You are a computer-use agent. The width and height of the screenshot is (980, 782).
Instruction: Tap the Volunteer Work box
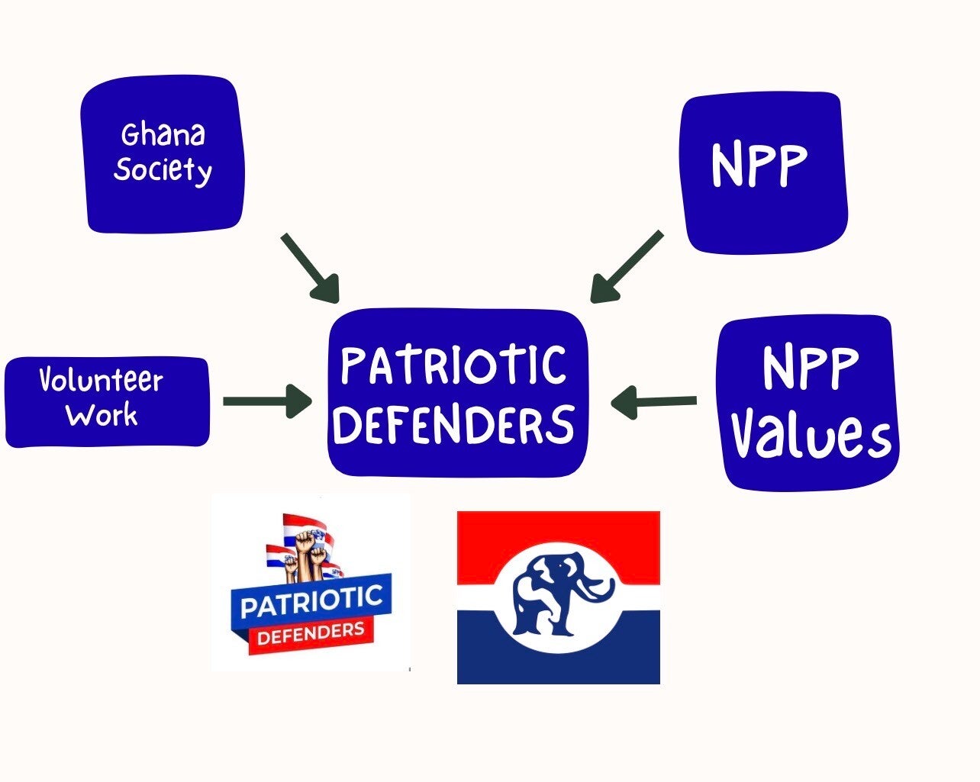[x=107, y=401]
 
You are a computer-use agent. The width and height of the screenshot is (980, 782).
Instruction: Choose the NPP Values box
[x=808, y=403]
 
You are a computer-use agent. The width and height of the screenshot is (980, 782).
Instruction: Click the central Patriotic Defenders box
[x=457, y=393]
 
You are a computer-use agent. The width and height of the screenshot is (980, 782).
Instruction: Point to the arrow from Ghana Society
[x=309, y=267]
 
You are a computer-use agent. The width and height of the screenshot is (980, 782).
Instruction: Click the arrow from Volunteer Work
[x=267, y=401]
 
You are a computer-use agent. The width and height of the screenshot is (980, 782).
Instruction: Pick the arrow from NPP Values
[x=654, y=401]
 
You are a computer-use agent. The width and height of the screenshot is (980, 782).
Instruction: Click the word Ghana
[x=163, y=135]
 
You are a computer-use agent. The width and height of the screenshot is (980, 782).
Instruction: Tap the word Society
[x=163, y=170]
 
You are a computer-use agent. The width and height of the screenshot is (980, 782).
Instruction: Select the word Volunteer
[x=101, y=380]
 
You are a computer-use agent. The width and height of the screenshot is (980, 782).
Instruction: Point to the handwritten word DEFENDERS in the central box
[x=453, y=424]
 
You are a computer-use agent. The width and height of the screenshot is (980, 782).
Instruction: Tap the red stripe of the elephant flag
[x=558, y=534]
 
